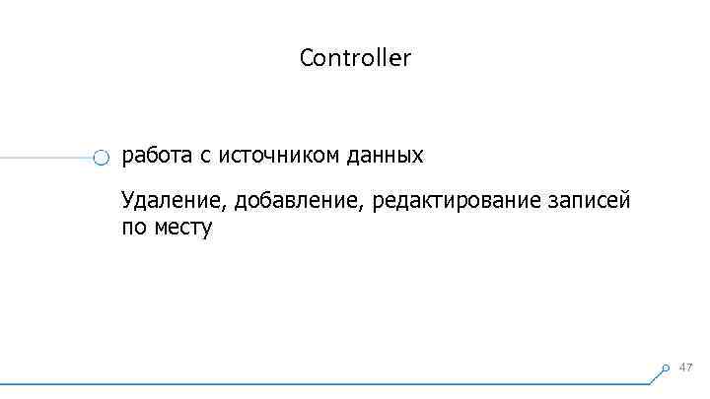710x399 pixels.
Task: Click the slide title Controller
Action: point(355,58)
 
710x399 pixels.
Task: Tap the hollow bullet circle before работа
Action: point(101,158)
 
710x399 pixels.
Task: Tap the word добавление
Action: point(300,203)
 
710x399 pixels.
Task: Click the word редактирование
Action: point(456,203)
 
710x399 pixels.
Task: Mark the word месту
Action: point(182,230)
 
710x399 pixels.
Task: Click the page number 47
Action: point(686,366)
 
